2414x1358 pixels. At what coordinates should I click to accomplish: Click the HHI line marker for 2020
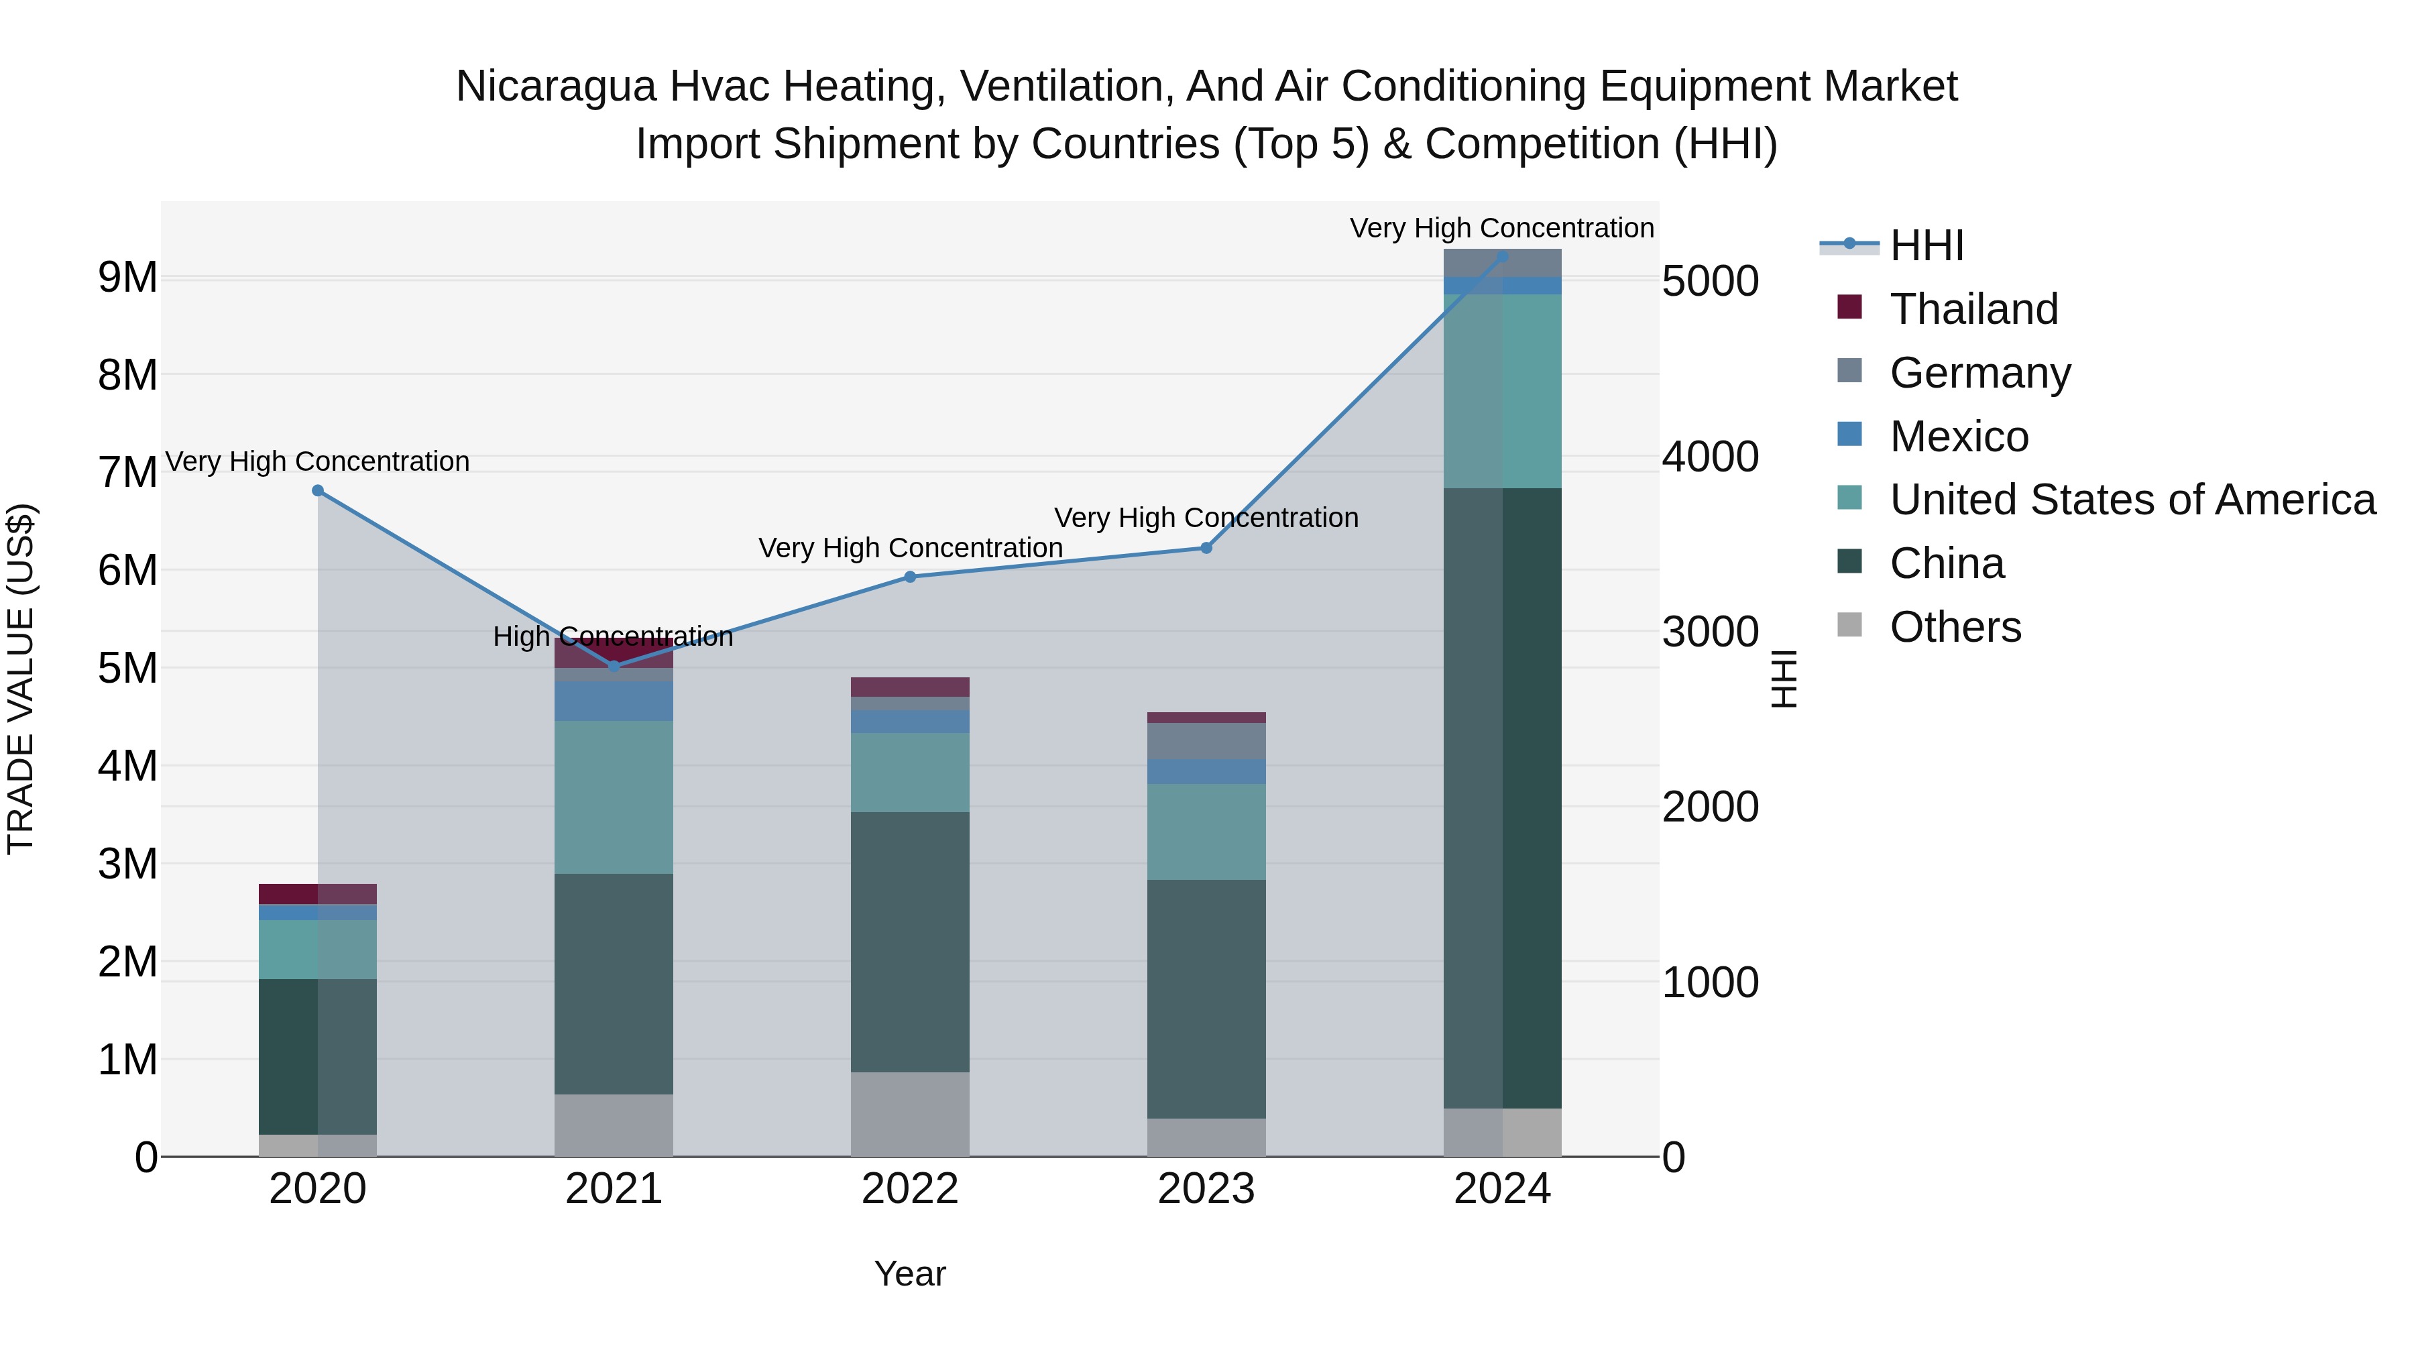click(318, 491)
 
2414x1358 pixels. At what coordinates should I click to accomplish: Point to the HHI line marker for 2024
click(1502, 257)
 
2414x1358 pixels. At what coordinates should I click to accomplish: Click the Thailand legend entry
click(1973, 309)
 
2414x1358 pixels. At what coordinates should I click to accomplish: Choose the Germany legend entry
click(1979, 373)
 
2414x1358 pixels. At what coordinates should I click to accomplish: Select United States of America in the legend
click(2132, 500)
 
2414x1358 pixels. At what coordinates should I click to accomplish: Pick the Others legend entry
click(1955, 627)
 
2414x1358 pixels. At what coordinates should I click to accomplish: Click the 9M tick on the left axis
click(127, 278)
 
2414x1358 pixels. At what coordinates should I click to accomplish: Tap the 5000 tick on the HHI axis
click(1710, 281)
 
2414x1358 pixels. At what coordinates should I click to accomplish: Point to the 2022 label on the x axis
click(910, 1189)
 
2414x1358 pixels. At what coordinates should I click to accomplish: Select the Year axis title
click(910, 1274)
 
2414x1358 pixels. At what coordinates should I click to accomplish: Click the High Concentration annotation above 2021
click(613, 637)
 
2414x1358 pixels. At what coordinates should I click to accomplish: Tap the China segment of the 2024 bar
click(1502, 797)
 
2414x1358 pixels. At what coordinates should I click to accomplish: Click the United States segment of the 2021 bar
click(614, 797)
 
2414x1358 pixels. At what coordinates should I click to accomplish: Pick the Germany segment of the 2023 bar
click(1206, 740)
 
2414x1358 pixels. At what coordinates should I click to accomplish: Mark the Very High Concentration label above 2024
click(1501, 229)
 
